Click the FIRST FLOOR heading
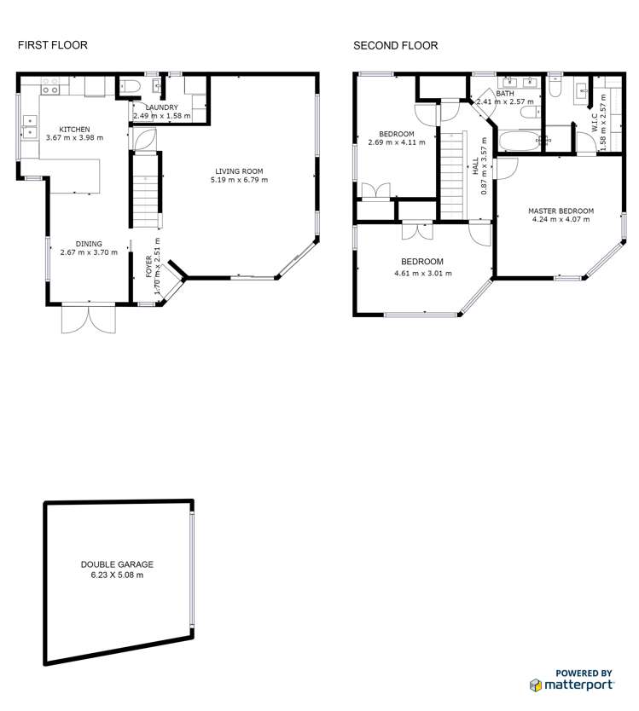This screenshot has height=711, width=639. [53, 45]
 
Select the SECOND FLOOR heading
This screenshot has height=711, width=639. [396, 45]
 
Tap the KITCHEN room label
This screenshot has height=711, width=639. [73, 130]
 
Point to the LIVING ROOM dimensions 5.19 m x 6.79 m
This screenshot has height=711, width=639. [240, 180]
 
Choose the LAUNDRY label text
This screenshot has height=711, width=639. [160, 107]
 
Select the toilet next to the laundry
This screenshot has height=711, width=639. [128, 84]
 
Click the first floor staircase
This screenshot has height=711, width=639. [145, 192]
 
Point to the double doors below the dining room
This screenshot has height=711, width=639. [87, 319]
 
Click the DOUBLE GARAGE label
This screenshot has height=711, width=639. [117, 564]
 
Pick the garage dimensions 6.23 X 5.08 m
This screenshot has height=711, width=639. [117, 575]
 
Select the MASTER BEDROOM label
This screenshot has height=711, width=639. [561, 211]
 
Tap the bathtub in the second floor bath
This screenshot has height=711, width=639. [518, 141]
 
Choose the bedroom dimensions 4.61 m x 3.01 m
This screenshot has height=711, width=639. [422, 274]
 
